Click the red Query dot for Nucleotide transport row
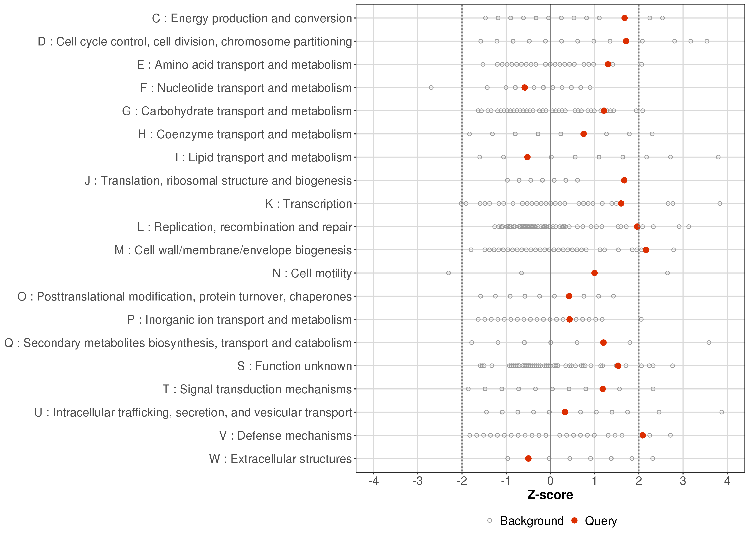coord(525,88)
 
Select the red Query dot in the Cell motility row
coord(595,273)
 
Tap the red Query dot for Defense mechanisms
coord(643,435)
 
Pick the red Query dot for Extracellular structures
coord(528,458)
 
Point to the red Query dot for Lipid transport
coord(527,157)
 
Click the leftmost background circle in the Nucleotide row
coord(431,88)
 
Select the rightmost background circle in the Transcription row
coord(720,204)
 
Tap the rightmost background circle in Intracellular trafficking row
coord(722,412)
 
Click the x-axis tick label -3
coord(418,481)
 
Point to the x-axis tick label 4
coord(727,481)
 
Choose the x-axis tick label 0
coord(550,481)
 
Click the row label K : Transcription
coord(309,204)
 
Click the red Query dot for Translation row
coord(624,180)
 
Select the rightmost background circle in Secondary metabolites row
coord(709,343)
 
